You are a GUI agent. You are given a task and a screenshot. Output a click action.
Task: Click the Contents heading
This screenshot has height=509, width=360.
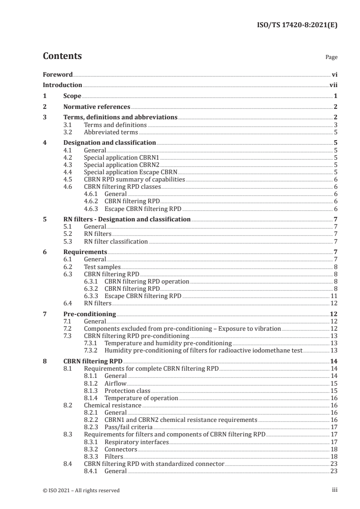coord(62,56)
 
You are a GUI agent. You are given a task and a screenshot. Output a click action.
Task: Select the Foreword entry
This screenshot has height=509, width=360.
coord(58,74)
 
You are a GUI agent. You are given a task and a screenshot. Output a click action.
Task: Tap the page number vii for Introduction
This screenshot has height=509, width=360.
coord(333,85)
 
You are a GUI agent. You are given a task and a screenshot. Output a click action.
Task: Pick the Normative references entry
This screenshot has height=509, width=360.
coord(96,107)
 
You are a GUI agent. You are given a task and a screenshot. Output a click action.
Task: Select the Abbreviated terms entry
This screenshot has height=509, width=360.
coord(111,132)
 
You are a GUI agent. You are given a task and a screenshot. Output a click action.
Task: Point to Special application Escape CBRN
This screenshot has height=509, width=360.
coord(130,172)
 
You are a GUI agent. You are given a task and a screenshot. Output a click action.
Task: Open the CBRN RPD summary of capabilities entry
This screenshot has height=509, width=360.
coord(135,179)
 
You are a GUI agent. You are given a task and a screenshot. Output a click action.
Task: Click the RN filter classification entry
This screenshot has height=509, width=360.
coord(116,241)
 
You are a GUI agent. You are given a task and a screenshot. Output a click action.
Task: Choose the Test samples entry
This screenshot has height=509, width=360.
coord(102,267)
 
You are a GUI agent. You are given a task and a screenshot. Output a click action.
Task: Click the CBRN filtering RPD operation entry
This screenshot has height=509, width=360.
coord(147,281)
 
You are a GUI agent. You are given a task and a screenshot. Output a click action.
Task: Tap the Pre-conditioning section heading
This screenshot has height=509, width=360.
coord(89,314)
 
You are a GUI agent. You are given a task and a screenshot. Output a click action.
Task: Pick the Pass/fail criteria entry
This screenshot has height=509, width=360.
coord(128,427)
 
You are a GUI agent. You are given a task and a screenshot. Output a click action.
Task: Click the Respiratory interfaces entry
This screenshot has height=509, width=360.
coord(136,441)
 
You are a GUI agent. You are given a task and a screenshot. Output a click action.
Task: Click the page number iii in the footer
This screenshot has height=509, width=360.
coord(335,490)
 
